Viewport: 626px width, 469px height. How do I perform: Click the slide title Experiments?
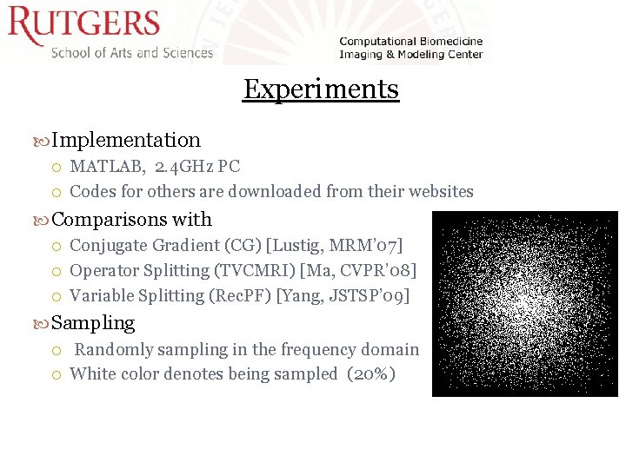click(x=321, y=89)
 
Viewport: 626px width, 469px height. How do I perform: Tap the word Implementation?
click(x=126, y=140)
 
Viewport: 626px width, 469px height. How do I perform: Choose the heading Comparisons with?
click(x=132, y=219)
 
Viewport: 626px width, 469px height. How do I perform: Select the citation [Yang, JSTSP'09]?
click(x=343, y=296)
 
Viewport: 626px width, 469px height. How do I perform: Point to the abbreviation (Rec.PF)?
click(x=240, y=296)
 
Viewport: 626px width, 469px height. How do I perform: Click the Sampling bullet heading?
click(x=93, y=323)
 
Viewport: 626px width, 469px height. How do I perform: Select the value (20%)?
click(x=370, y=374)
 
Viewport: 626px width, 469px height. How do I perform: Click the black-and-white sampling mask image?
click(x=524, y=304)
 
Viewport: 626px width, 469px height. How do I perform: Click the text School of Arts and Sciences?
click(x=132, y=53)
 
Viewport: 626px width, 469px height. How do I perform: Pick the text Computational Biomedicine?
click(x=410, y=42)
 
